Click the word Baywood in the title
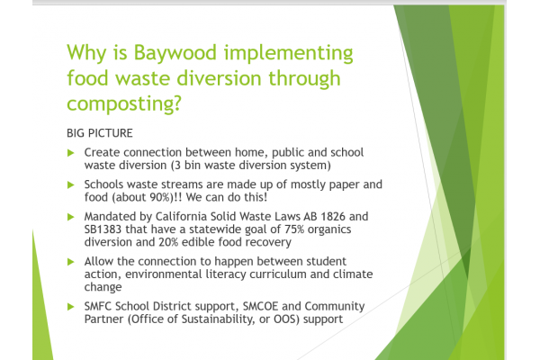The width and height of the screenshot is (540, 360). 175,54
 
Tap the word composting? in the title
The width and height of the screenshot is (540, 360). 124,103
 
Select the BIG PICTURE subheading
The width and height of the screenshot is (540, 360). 100,133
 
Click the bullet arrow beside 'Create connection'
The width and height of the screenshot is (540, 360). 71,153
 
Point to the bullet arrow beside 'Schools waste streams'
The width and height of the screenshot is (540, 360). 71,185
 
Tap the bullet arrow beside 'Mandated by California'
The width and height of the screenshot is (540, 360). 71,217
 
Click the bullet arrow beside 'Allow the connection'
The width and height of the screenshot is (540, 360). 71,262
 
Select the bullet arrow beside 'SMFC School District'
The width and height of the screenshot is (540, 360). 71,307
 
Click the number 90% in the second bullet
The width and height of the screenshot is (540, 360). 160,197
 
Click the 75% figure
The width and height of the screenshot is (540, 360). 294,229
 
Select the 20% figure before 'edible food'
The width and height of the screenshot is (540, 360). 168,242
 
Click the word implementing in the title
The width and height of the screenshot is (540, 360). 288,54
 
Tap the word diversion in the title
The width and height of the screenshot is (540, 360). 219,78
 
